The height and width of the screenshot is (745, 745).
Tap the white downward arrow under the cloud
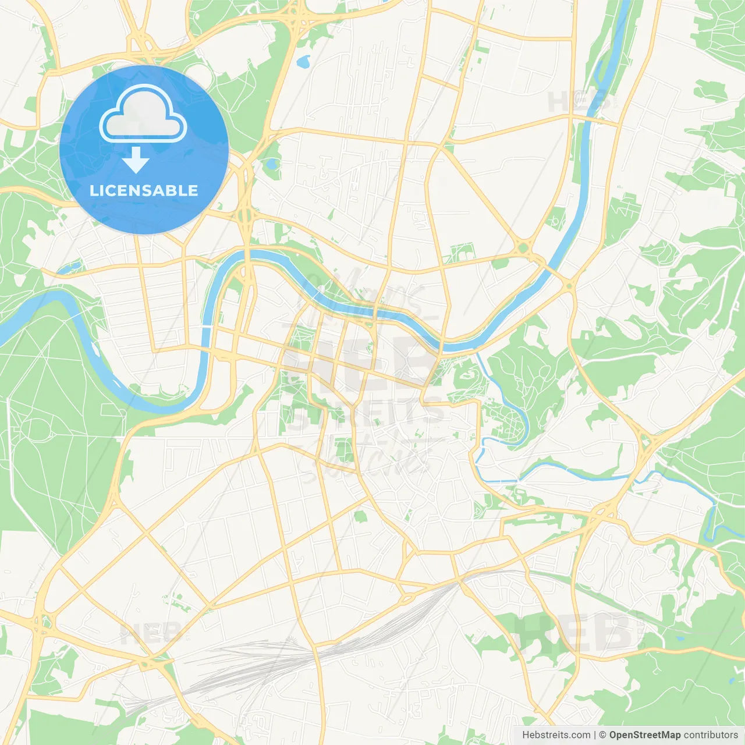(x=136, y=160)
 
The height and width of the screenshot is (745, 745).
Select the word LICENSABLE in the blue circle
(x=144, y=190)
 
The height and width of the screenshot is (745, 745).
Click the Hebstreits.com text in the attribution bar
(x=556, y=735)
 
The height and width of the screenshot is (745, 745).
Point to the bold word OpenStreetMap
(x=644, y=735)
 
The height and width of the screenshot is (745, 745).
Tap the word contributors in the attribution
(x=711, y=735)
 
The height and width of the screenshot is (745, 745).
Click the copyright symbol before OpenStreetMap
(x=602, y=735)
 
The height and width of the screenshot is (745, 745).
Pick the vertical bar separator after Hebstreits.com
(x=595, y=735)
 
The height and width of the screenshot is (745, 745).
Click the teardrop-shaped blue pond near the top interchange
(x=303, y=61)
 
